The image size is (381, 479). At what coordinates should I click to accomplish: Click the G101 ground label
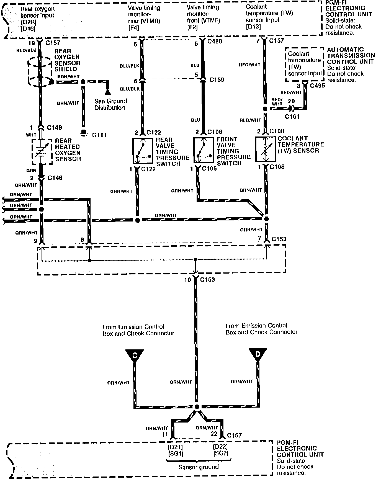99,135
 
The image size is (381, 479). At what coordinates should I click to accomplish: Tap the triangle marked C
135,355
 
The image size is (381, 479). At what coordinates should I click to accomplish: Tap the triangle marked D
258,355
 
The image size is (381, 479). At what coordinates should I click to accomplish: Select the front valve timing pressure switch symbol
204,150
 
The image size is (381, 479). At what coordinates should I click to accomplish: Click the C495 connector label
317,86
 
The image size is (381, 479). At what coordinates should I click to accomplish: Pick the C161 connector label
292,117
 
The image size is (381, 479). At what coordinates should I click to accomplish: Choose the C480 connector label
215,42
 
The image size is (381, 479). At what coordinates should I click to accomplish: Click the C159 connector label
217,80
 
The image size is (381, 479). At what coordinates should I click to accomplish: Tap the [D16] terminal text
28,29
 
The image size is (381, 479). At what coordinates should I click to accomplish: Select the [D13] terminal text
253,27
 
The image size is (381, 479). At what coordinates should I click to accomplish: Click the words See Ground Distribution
110,104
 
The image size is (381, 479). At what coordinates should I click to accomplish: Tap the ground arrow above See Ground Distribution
107,92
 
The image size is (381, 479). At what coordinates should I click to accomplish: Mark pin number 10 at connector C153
188,280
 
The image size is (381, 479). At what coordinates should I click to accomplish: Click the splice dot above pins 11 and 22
197,407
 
